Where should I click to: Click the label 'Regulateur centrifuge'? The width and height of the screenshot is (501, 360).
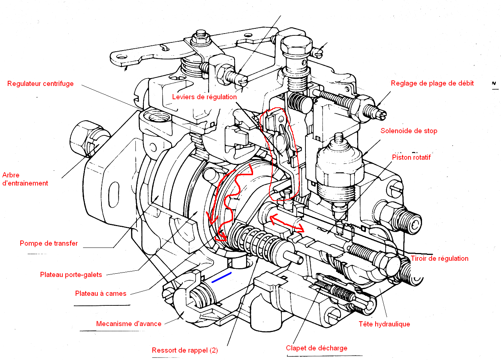click(41, 84)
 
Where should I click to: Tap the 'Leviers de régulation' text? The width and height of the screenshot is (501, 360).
click(204, 97)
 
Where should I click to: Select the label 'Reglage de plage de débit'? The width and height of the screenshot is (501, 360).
click(432, 83)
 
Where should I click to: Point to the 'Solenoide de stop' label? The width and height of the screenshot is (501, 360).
click(409, 131)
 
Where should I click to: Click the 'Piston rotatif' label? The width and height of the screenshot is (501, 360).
click(411, 157)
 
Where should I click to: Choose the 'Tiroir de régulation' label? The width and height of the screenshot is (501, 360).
click(439, 259)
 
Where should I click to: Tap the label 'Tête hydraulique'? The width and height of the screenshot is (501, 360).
click(384, 324)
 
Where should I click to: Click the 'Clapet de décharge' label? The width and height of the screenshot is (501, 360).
click(317, 348)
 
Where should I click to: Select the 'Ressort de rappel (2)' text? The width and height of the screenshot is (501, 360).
click(185, 350)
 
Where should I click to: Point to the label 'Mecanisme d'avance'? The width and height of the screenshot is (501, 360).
click(129, 324)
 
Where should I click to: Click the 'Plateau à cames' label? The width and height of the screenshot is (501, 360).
click(101, 294)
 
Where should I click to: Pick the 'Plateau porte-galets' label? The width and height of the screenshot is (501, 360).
click(71, 275)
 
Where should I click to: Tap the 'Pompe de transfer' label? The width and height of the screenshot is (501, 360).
click(49, 243)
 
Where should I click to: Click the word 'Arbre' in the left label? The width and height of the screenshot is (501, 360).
click(11, 175)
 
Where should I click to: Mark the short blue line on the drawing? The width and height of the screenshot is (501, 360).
click(221, 277)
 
